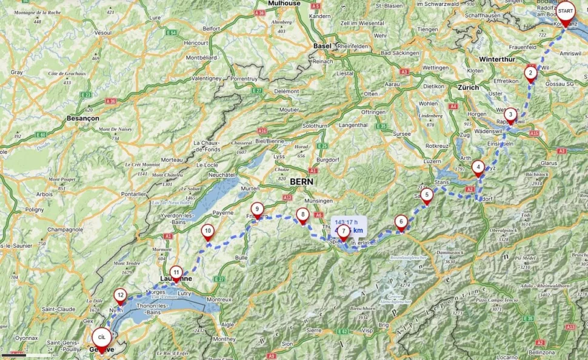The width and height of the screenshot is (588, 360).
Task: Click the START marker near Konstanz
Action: click(566, 12)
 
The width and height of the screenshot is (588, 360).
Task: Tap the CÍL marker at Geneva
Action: click(102, 336)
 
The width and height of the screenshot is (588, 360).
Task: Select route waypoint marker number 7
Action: click(344, 231)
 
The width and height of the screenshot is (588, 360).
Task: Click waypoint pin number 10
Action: click(208, 230)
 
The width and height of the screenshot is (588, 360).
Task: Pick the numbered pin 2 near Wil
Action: click(530, 73)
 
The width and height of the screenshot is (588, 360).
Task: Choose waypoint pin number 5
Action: click(427, 195)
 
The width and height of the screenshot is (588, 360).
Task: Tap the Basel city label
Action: click(322, 46)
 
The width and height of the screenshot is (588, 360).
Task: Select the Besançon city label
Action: click(83, 117)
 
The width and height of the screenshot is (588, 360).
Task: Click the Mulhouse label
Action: click(284, 4)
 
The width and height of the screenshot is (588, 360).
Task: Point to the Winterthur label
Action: click(496, 59)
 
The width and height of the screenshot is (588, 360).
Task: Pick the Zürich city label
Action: click(468, 87)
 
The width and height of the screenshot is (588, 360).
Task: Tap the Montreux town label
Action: click(219, 299)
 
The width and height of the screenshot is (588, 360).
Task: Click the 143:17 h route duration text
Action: click(348, 222)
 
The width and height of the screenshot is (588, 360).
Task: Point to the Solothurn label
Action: click(315, 125)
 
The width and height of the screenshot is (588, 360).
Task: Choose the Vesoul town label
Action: click(104, 32)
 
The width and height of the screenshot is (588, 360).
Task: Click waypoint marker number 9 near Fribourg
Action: click(257, 208)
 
